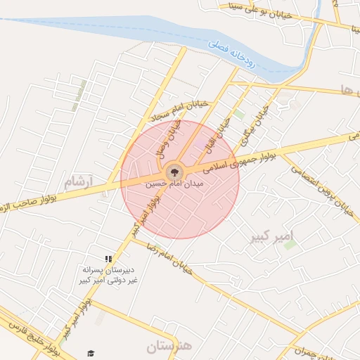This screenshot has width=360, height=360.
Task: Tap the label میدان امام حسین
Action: pos(174,185)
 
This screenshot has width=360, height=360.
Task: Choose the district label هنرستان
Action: pos(169,346)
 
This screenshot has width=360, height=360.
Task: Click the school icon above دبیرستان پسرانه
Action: pos(108,259)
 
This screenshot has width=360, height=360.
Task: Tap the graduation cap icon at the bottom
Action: pos(90,353)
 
